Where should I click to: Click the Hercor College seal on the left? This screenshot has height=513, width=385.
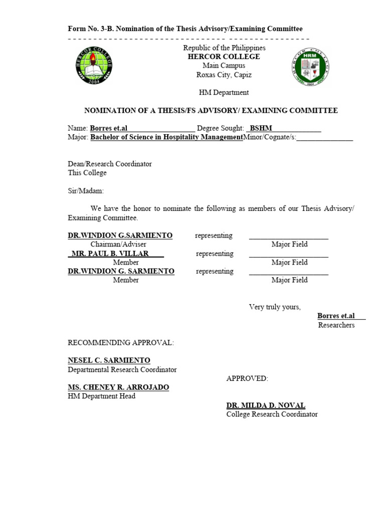tap(95, 66)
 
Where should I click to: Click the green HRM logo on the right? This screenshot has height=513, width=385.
tap(311, 68)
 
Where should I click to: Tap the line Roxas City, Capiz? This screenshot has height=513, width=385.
tap(224, 75)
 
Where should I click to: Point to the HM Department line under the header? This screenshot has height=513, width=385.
tap(224, 92)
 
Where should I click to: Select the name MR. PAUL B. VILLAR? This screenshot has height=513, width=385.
tap(110, 253)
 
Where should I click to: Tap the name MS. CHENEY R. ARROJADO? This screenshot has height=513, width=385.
tap(118, 387)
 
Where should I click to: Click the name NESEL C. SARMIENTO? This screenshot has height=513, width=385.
tap(109, 360)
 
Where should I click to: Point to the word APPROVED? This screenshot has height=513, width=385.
tap(247, 378)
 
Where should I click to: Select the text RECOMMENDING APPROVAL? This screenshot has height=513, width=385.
tap(121, 343)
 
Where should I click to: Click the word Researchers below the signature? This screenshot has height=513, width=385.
tap(336, 325)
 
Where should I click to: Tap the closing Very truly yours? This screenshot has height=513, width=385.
tap(275, 307)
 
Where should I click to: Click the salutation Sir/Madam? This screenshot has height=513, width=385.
tap(86, 191)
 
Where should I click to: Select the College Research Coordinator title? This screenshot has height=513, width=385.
tap(272, 414)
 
